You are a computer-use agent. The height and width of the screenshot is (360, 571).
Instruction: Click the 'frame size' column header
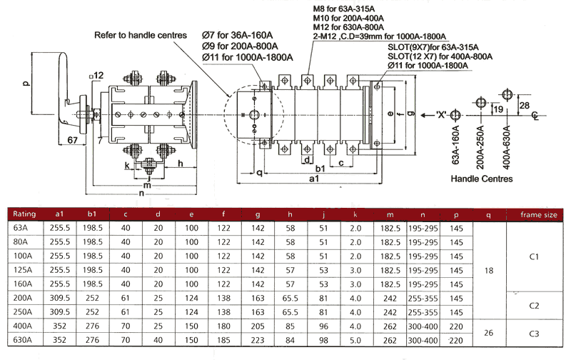click(539, 214)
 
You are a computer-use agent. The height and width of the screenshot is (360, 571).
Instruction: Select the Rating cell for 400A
click(23, 326)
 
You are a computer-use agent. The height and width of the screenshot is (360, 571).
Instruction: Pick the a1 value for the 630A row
click(59, 340)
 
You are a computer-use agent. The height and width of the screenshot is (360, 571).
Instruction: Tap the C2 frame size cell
click(534, 306)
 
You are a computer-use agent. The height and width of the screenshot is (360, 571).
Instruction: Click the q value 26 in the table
click(488, 333)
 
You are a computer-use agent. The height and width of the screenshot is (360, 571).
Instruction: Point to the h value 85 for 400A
click(290, 326)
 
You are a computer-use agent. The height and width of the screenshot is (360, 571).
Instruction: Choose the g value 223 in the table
click(258, 340)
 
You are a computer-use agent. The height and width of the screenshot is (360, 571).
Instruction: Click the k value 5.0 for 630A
click(355, 340)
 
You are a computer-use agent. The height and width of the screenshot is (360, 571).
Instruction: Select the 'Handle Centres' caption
click(481, 179)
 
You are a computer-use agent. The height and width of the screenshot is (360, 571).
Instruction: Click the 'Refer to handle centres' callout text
click(141, 35)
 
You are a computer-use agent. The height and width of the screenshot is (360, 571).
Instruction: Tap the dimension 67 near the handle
click(73, 140)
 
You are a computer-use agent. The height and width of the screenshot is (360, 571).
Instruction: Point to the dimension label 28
click(524, 106)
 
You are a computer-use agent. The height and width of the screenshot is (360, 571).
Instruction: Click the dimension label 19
click(498, 109)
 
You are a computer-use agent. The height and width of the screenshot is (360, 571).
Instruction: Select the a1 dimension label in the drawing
click(314, 178)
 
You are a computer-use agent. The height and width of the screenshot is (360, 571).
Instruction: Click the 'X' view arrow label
click(441, 115)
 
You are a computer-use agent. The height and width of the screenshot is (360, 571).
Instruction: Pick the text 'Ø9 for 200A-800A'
click(240, 46)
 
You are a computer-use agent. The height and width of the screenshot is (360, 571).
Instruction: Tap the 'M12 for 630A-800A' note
click(348, 27)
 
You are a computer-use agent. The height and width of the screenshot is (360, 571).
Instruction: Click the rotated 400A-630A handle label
click(507, 147)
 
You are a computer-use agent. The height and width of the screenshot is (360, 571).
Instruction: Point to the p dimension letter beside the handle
click(26, 83)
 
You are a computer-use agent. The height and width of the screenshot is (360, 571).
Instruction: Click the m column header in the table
click(390, 214)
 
